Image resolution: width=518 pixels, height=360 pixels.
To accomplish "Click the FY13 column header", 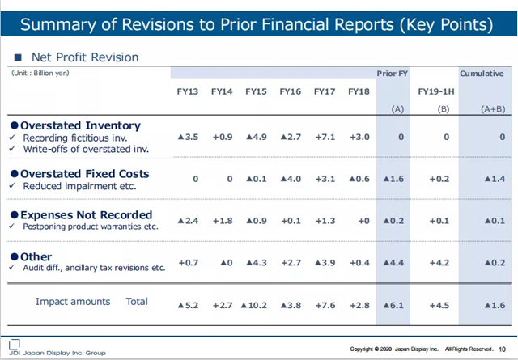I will [188, 92].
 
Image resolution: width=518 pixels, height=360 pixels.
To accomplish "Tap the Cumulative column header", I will [482, 74].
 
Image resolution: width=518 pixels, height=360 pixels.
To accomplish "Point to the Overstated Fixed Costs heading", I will [84, 172].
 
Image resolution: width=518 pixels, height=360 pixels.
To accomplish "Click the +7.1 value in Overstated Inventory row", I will [325, 138].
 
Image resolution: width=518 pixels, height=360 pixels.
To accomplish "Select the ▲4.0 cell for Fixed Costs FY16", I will [290, 178].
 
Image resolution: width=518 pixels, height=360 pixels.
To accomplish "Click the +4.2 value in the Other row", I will [438, 262].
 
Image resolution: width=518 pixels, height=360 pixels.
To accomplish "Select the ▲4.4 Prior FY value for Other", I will [393, 262].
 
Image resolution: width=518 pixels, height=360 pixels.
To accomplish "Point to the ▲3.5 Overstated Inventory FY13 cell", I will [188, 138].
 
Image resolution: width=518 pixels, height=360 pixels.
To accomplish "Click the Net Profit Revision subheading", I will [84, 57].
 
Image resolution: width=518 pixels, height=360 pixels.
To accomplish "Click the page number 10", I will [503, 349].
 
